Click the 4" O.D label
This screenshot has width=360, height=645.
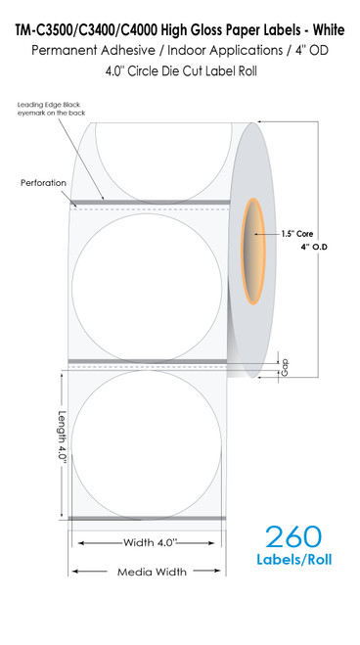point(312,247)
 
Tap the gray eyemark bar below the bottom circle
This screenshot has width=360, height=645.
point(146,517)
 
